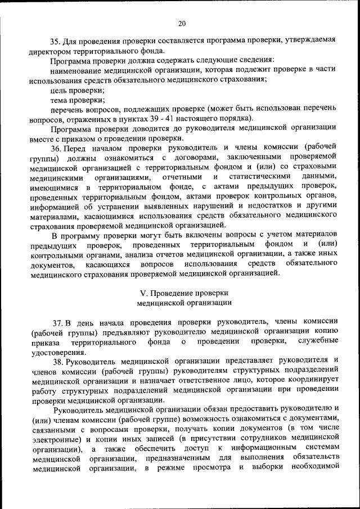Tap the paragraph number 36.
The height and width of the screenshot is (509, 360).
55,148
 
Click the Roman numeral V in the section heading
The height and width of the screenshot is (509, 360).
141,293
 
